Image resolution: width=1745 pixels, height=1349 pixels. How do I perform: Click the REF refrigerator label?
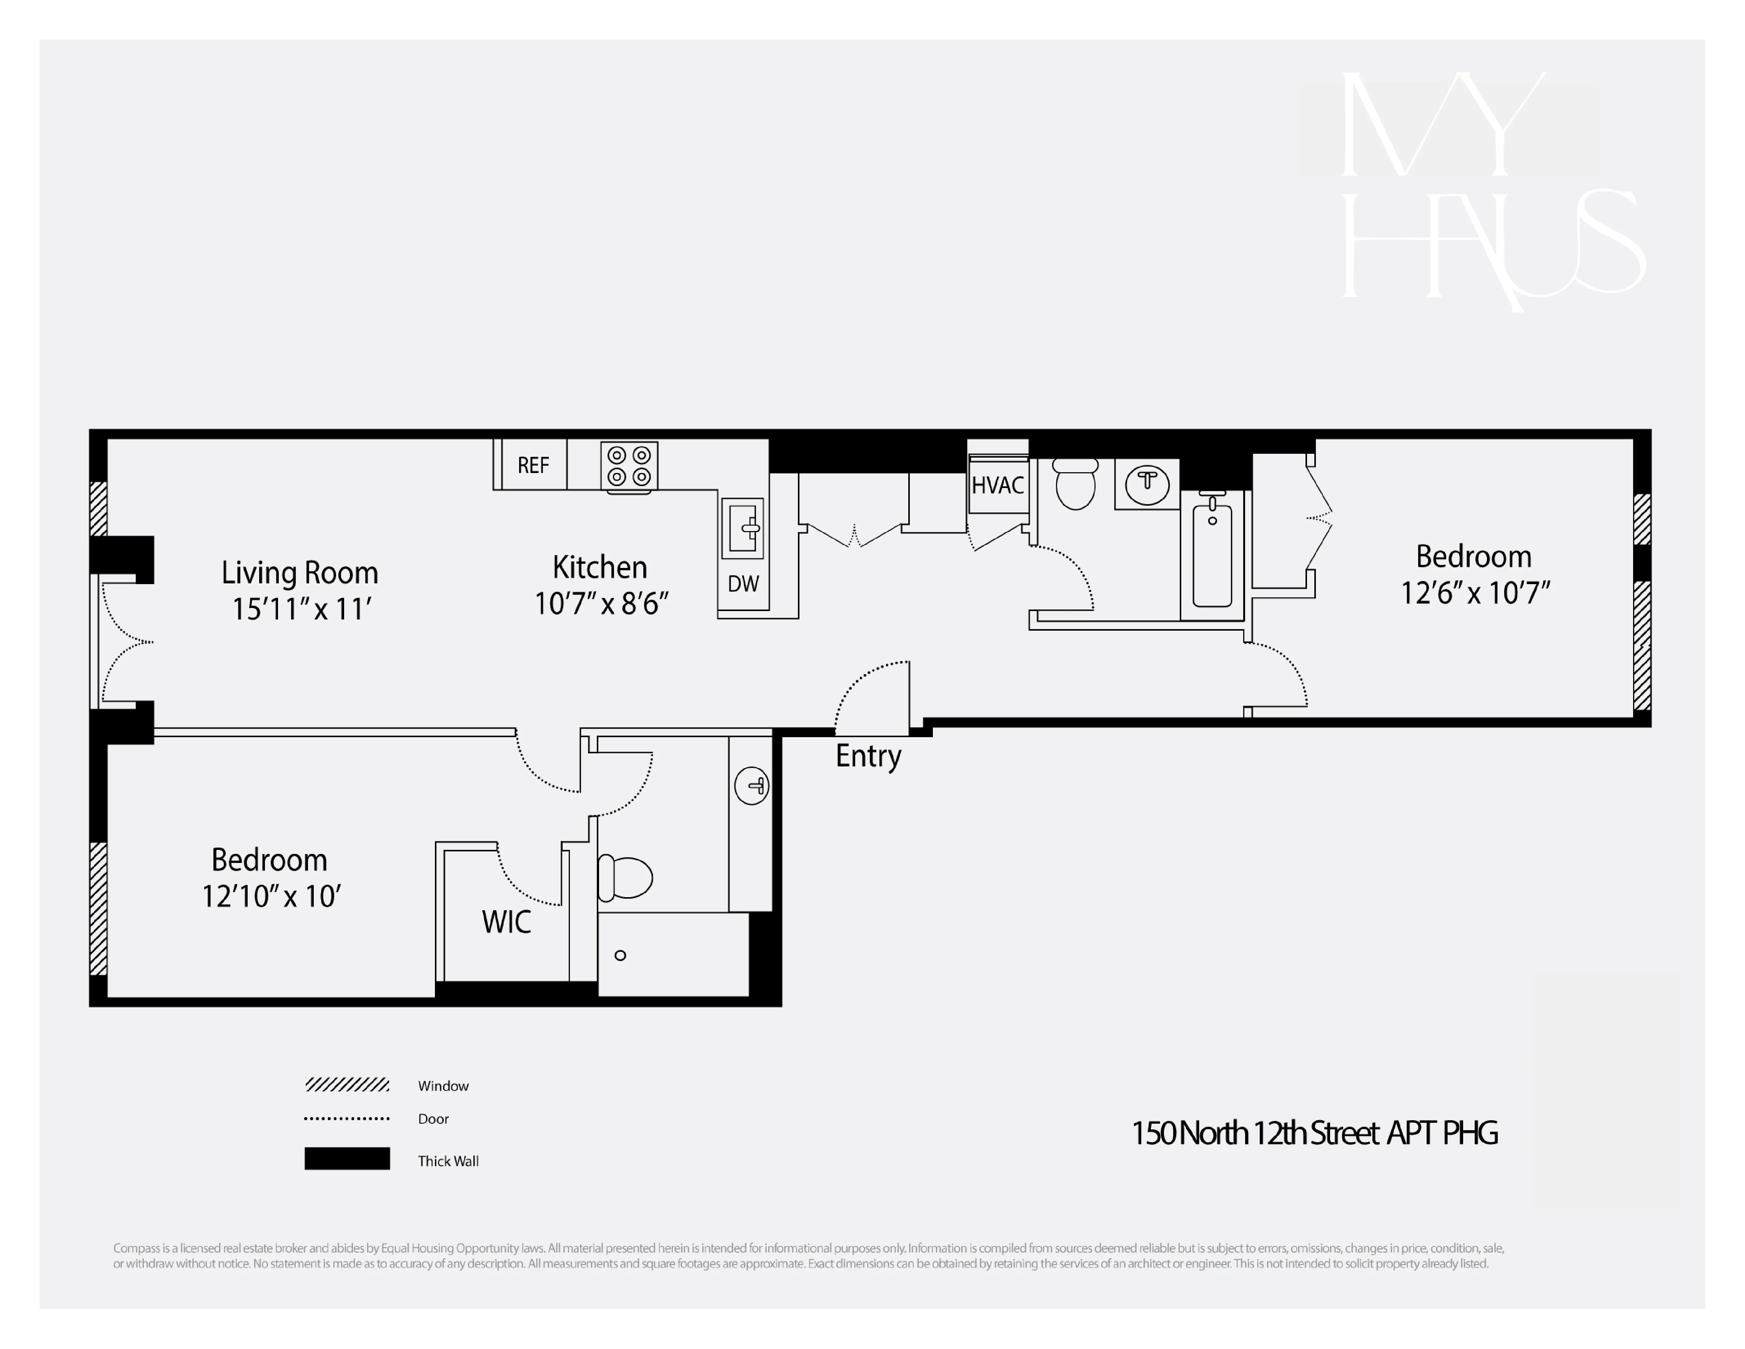click(533, 465)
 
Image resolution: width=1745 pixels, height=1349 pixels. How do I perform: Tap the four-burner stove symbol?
click(629, 466)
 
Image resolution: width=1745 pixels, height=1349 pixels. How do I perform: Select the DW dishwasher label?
click(743, 584)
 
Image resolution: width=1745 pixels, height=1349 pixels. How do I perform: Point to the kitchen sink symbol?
click(743, 528)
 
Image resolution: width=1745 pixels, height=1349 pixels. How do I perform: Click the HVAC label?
click(998, 485)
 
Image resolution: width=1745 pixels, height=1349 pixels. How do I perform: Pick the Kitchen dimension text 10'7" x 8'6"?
click(601, 603)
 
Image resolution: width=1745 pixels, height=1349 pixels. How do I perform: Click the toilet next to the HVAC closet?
click(1076, 485)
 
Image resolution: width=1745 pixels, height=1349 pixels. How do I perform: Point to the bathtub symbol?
click(1212, 553)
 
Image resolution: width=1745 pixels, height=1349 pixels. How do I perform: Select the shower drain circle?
click(620, 955)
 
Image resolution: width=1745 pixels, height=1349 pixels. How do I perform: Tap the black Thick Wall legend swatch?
click(347, 1159)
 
